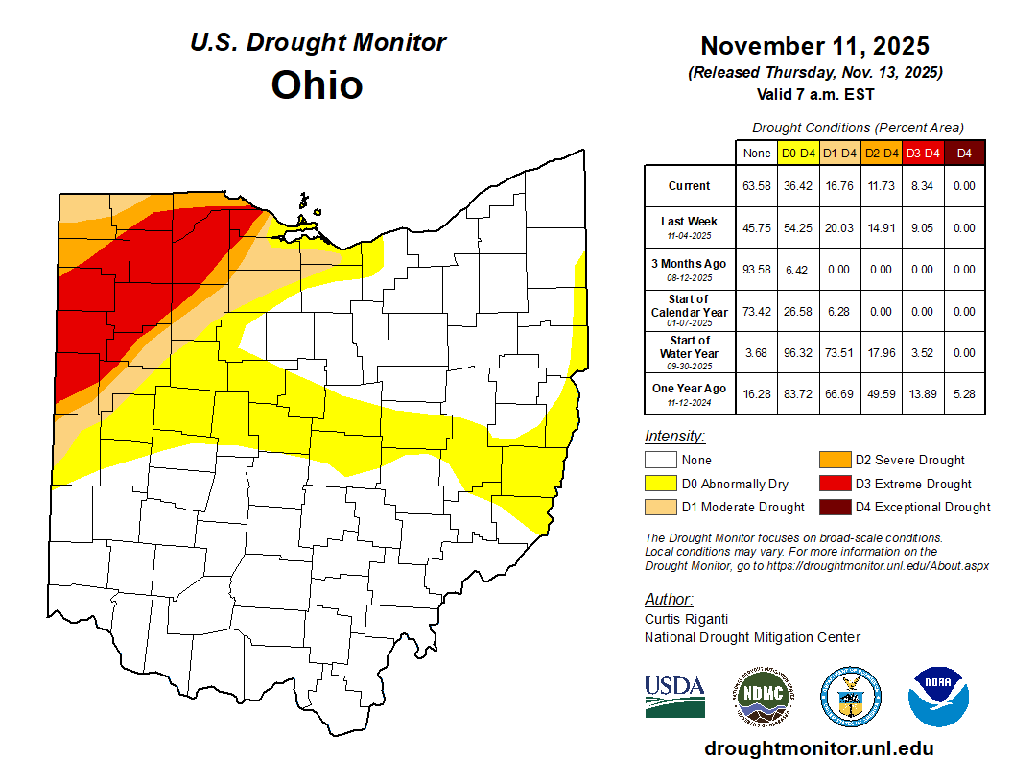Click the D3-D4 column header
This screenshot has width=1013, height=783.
pyautogui.click(x=923, y=153)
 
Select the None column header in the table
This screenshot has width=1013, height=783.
pyautogui.click(x=757, y=153)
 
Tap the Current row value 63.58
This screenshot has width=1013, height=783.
pyautogui.click(x=757, y=186)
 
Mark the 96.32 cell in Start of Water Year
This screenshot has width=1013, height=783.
pyautogui.click(x=798, y=352)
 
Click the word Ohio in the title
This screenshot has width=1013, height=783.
pyautogui.click(x=317, y=84)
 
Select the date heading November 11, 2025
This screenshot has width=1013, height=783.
pyautogui.click(x=814, y=46)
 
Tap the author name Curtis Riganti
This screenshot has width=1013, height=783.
pyautogui.click(x=686, y=619)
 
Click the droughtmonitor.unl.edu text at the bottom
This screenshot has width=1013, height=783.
pyautogui.click(x=818, y=748)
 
